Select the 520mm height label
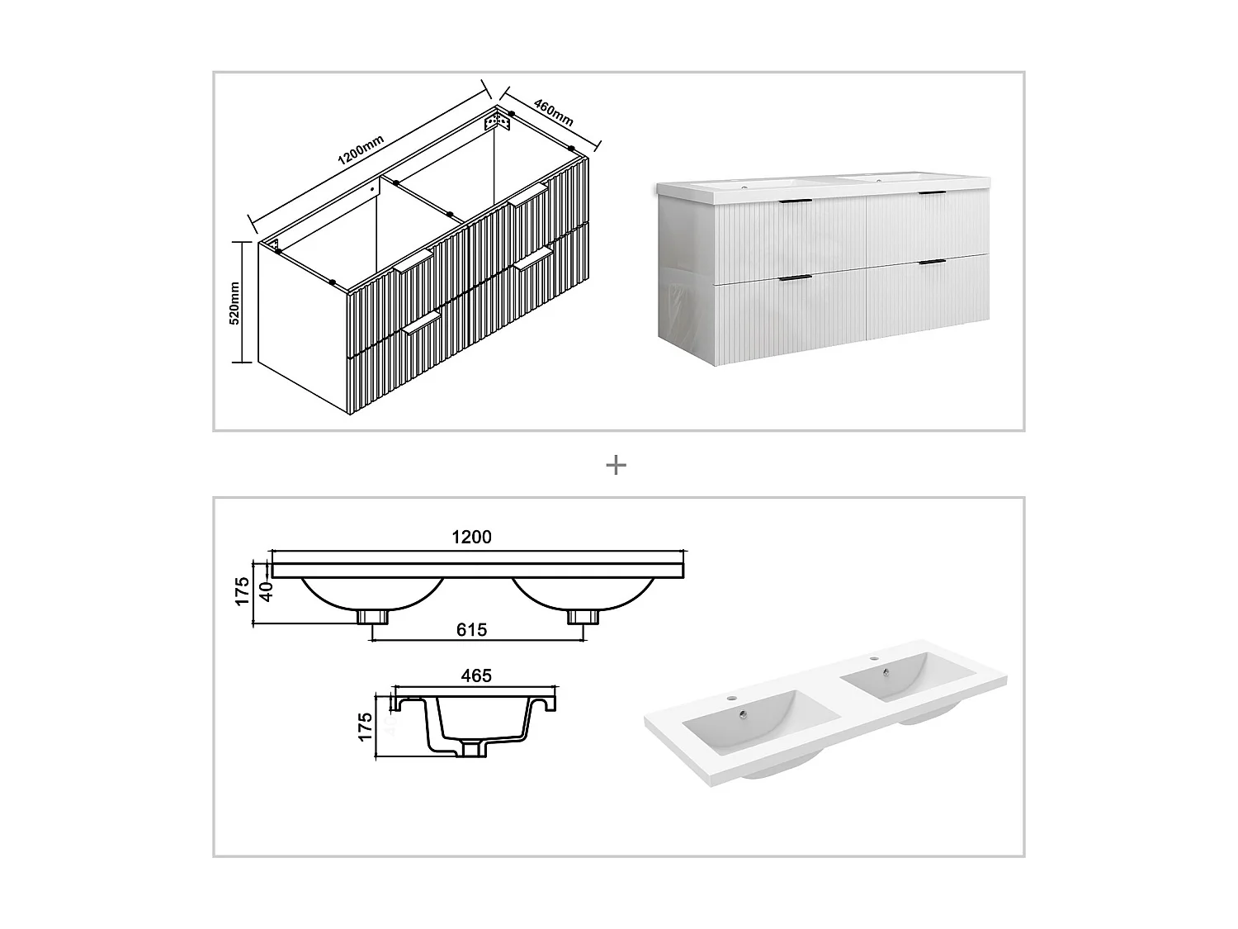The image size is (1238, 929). [234, 303]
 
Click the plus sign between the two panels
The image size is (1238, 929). [616, 466]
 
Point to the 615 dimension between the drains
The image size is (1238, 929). [471, 630]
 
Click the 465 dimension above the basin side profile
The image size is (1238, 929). [476, 675]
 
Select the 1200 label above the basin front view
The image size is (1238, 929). [471, 537]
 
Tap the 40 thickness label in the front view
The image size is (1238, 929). [266, 592]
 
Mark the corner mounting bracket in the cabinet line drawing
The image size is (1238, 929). [498, 121]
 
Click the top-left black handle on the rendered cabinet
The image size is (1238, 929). [797, 201]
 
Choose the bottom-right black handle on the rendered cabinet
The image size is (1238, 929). [932, 263]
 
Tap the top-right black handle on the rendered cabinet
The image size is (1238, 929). [933, 193]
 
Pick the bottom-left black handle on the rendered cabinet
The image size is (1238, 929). [796, 277]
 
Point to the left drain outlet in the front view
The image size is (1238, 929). [373, 616]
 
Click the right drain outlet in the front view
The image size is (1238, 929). [582, 616]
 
